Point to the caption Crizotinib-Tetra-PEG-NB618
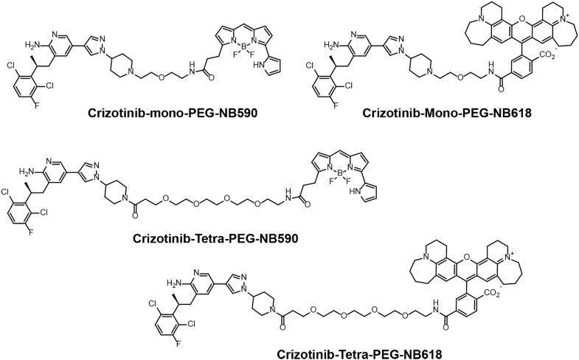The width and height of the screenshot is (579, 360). coord(359,353)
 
